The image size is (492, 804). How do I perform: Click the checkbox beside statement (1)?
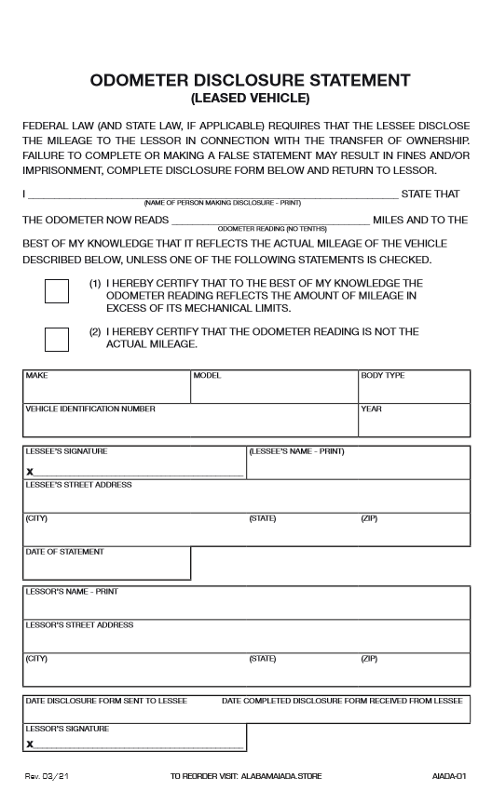click(x=57, y=290)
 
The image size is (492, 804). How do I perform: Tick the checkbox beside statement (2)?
click(x=57, y=339)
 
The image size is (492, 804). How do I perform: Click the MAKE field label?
click(x=36, y=375)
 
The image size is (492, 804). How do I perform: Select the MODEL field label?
click(x=207, y=375)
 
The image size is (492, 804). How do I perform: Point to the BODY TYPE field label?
click(x=383, y=375)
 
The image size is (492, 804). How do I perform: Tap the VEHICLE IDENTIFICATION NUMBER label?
click(x=90, y=409)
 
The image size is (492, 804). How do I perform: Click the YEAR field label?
click(x=371, y=409)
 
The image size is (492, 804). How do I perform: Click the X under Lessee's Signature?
click(x=30, y=473)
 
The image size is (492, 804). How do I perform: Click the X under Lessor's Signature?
click(x=30, y=744)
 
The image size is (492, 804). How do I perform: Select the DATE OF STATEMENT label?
click(x=65, y=552)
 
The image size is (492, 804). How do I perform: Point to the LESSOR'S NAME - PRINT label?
click(x=72, y=591)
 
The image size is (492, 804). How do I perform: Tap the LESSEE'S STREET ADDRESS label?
click(x=79, y=485)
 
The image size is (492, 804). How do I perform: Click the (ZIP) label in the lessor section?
click(x=369, y=658)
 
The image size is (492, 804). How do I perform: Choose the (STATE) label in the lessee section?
click(x=263, y=518)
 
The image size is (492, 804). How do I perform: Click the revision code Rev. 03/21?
click(x=48, y=774)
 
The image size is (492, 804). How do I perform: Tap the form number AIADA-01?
click(x=448, y=774)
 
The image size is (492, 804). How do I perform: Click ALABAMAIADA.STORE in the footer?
click(x=279, y=774)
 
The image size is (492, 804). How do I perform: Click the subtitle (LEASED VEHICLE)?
click(x=250, y=98)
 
